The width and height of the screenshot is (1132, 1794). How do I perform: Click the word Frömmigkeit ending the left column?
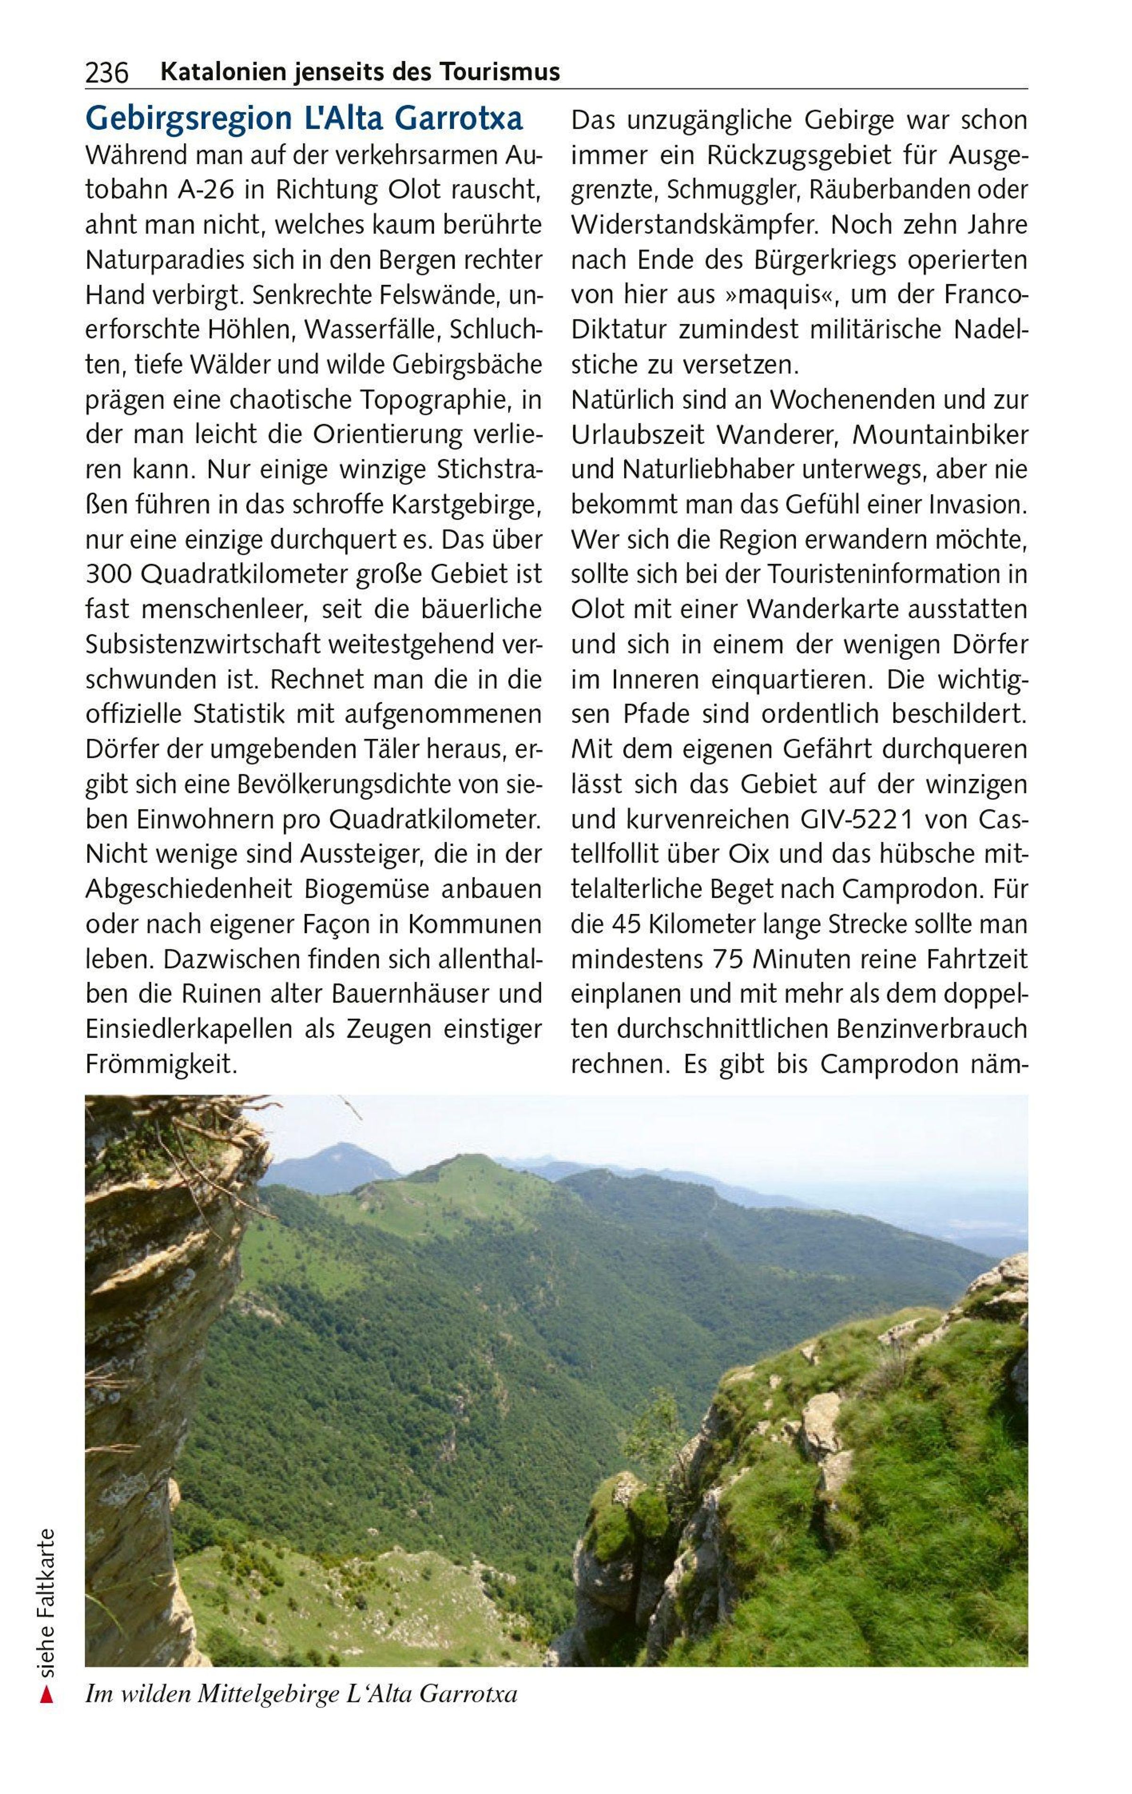click(x=161, y=1064)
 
